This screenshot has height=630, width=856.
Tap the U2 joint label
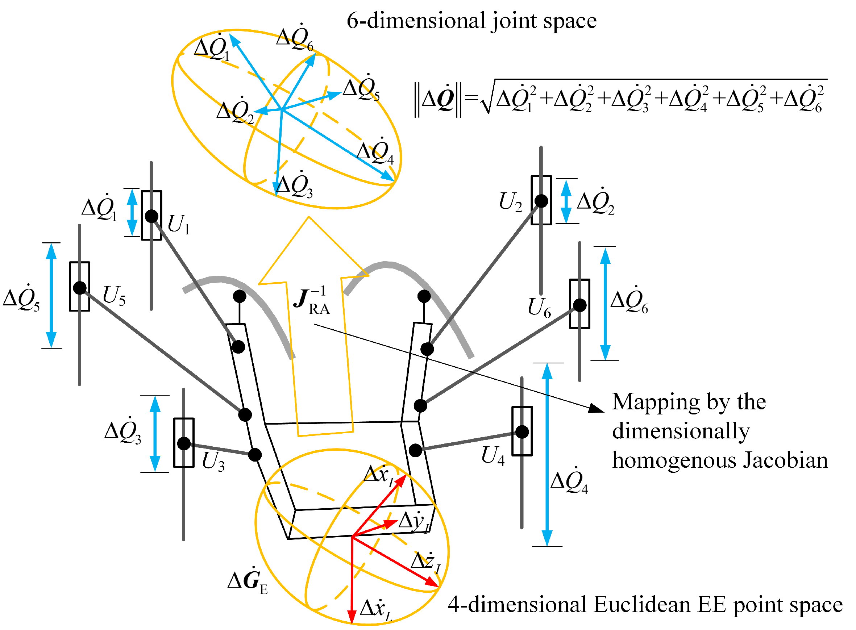coord(510,202)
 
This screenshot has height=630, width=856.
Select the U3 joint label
coord(213,462)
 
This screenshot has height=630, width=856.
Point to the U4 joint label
coord(493,456)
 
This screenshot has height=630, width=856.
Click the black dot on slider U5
coord(80,288)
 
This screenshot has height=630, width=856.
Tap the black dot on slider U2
coord(541,201)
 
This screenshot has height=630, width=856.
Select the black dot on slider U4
coord(522,432)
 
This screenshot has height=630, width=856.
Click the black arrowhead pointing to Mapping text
coord(596,408)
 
